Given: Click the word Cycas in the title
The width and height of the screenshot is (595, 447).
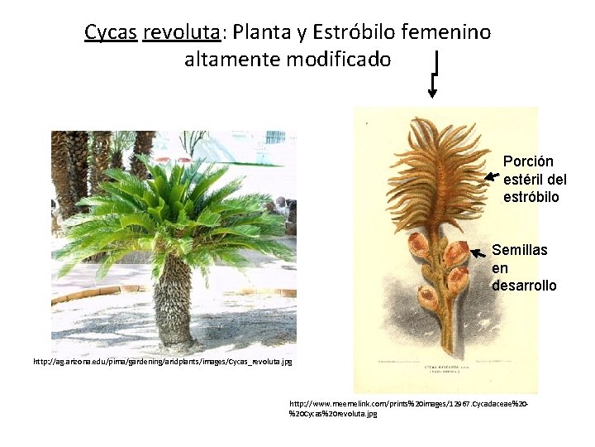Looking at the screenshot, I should [111, 32].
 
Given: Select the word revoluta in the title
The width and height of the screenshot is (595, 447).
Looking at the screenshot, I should [181, 32].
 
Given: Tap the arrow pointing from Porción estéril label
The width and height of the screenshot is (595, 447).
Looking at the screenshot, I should [493, 175].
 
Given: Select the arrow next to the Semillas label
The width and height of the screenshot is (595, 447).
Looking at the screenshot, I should [478, 252].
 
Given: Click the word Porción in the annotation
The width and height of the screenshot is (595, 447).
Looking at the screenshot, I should [528, 161].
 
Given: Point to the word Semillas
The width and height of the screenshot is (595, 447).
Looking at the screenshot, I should [519, 250].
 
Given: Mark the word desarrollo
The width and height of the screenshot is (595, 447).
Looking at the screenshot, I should [524, 286].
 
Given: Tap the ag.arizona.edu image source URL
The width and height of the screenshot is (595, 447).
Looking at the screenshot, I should [162, 362].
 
